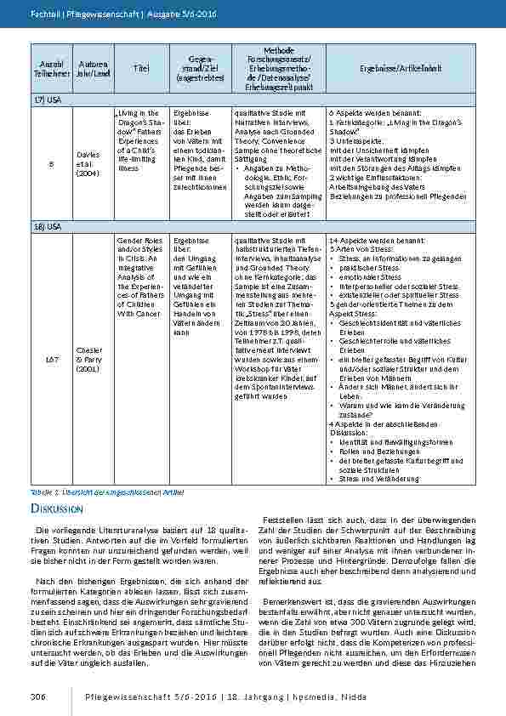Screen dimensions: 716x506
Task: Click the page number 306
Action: coord(37,697)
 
